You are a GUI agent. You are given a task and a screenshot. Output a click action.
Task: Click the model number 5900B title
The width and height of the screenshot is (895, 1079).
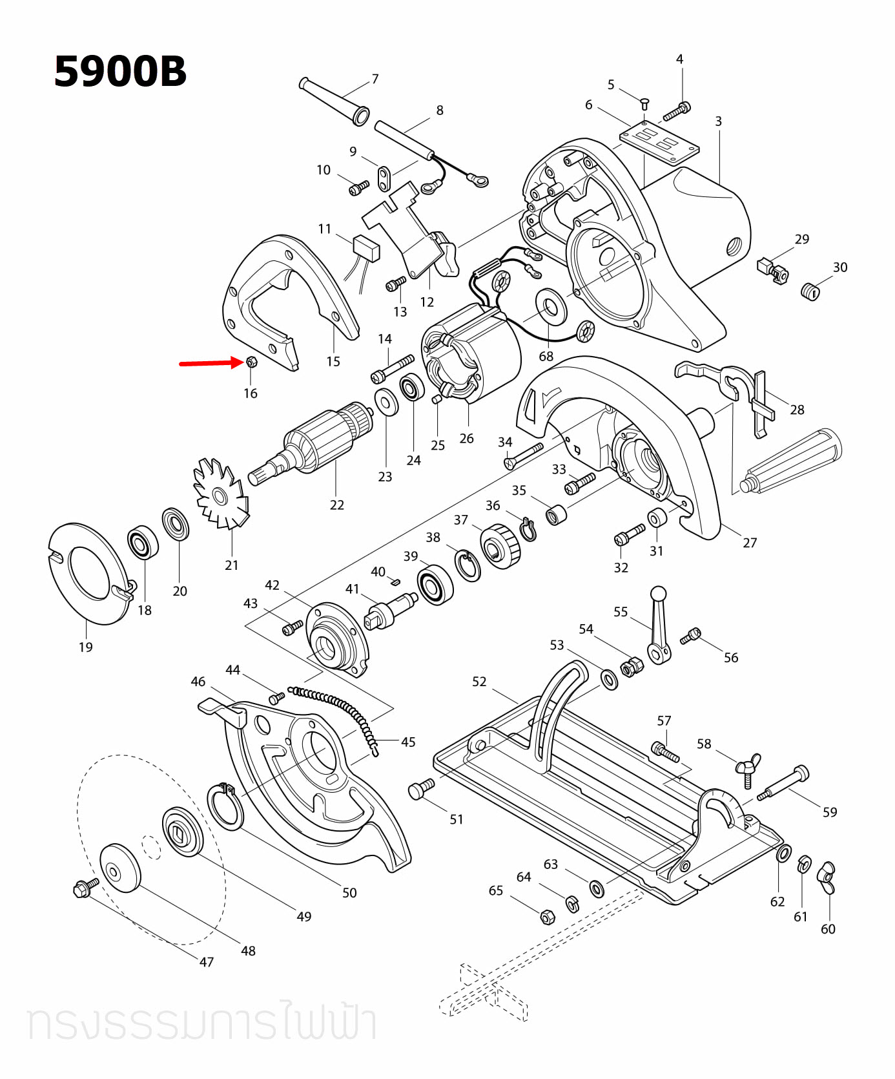tap(120, 71)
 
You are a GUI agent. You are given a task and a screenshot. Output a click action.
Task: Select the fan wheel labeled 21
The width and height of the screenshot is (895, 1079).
tap(220, 495)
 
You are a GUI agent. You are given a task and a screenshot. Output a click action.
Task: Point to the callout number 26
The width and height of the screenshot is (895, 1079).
tap(466, 438)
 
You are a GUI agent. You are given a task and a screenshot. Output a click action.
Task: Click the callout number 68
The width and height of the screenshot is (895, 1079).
tap(546, 356)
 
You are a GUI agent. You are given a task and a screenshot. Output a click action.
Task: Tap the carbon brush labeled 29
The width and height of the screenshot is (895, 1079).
tap(772, 269)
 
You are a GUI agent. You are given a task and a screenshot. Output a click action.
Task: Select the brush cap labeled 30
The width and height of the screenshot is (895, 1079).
tap(810, 291)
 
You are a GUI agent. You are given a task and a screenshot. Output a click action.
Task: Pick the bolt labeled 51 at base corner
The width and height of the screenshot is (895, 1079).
tap(421, 789)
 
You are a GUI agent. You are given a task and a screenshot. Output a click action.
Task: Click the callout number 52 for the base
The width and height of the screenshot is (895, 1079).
tap(478, 681)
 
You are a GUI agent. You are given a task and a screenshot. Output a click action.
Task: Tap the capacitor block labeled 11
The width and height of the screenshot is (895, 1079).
tap(366, 247)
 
